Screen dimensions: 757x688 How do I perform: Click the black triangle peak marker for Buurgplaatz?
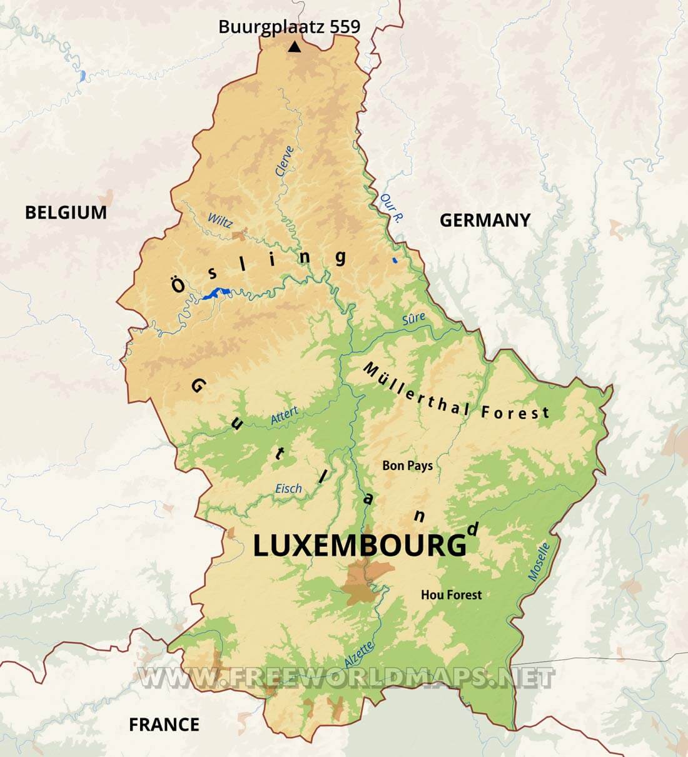(295, 47)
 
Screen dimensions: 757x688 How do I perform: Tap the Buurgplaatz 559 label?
(289, 26)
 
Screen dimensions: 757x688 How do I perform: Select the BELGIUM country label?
(66, 213)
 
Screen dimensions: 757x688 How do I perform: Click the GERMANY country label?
(485, 220)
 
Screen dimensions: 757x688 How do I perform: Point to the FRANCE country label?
(164, 724)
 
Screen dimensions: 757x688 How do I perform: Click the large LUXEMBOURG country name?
(360, 546)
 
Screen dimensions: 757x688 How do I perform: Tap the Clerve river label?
(285, 161)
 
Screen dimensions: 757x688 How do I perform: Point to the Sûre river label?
(413, 319)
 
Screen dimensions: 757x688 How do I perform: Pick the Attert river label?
(284, 416)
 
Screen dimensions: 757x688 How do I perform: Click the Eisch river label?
(288, 489)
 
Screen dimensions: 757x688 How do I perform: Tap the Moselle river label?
(539, 562)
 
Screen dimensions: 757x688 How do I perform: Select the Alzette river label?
(359, 654)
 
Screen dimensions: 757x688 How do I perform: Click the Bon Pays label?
(407, 465)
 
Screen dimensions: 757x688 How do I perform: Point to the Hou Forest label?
(451, 594)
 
